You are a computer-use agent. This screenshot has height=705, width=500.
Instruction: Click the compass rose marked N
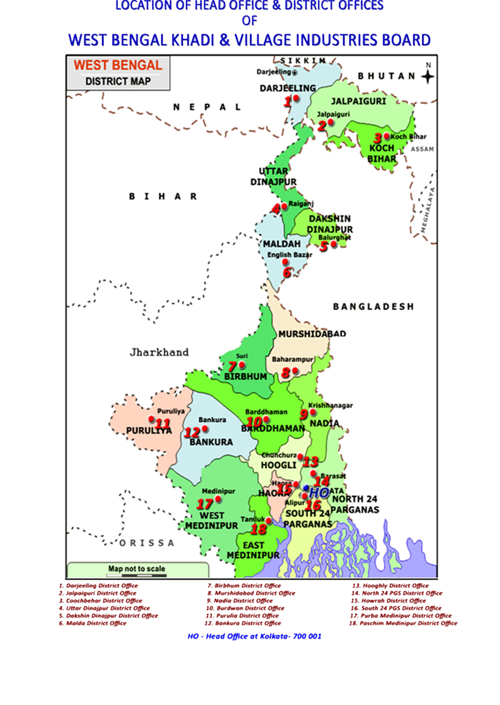(428, 76)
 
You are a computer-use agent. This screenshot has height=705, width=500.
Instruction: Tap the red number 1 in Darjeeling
(288, 102)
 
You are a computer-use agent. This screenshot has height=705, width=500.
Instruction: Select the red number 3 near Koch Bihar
(378, 138)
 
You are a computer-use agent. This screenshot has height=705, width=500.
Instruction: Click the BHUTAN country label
(386, 77)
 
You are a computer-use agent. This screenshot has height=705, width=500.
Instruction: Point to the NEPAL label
(207, 107)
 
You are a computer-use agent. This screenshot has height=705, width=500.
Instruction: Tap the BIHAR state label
(163, 197)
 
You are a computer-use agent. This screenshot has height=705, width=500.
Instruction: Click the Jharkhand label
(159, 352)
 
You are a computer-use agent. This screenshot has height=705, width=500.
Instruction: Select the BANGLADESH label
(373, 306)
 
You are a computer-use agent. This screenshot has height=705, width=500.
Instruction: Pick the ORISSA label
(147, 543)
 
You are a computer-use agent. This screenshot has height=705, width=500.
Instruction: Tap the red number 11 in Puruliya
(162, 423)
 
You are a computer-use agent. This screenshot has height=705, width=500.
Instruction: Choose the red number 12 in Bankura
(192, 432)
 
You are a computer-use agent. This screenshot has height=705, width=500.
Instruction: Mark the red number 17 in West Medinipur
(205, 504)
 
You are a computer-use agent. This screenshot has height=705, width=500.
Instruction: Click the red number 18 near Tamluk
(258, 530)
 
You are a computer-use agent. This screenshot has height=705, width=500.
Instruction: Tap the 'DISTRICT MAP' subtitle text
(118, 81)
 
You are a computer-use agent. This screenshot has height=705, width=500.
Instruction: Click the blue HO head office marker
(318, 492)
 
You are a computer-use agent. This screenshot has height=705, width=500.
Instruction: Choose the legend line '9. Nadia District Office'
(240, 601)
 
